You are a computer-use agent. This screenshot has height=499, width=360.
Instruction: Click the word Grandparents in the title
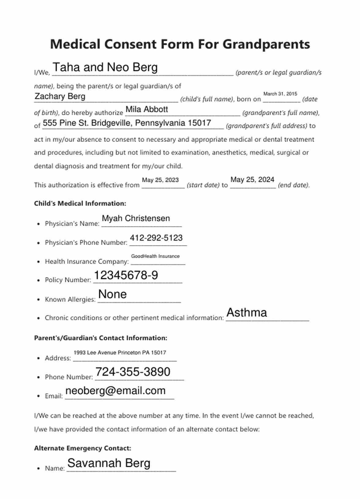click(266, 44)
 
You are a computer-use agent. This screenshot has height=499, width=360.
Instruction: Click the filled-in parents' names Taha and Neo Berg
click(105, 67)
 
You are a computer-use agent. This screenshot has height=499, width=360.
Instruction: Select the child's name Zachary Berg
click(60, 96)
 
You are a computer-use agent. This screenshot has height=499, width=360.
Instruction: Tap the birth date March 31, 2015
click(280, 94)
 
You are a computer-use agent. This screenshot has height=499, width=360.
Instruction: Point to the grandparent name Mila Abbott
click(147, 109)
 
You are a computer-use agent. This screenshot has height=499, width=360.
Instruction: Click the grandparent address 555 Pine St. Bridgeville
click(127, 123)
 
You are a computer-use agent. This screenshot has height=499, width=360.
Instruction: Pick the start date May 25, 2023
click(160, 180)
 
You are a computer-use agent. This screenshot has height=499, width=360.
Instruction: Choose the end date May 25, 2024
click(252, 179)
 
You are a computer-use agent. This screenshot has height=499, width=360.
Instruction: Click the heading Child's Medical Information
click(80, 204)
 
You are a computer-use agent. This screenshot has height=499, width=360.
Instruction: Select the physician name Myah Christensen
click(136, 218)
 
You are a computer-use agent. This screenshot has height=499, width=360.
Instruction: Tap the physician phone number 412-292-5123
click(156, 238)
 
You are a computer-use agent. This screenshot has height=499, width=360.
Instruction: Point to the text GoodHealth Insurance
click(155, 256)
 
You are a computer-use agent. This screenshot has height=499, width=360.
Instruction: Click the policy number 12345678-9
click(126, 275)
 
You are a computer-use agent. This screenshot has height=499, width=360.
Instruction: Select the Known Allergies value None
click(112, 294)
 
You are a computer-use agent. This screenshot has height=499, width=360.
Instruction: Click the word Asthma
click(246, 313)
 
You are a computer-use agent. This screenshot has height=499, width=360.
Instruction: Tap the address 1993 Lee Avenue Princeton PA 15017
click(120, 353)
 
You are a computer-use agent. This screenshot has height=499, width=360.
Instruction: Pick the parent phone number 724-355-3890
click(133, 372)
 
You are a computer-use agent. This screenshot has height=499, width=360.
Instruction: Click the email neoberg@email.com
click(115, 391)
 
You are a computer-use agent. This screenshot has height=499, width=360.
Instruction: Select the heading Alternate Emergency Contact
click(82, 448)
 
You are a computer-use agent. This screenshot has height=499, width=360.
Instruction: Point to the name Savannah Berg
click(109, 463)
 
